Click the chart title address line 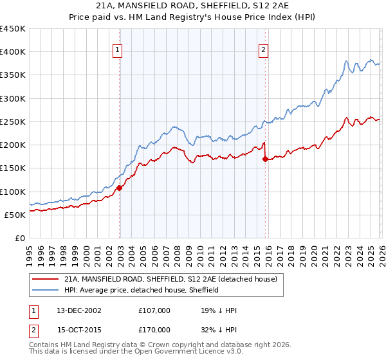point(193,6)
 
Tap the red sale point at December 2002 point(120,188)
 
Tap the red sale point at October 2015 point(265,159)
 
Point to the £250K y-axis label point(13,122)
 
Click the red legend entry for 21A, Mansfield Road point(170,279)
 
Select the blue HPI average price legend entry point(142,290)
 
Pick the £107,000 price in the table point(154,310)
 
